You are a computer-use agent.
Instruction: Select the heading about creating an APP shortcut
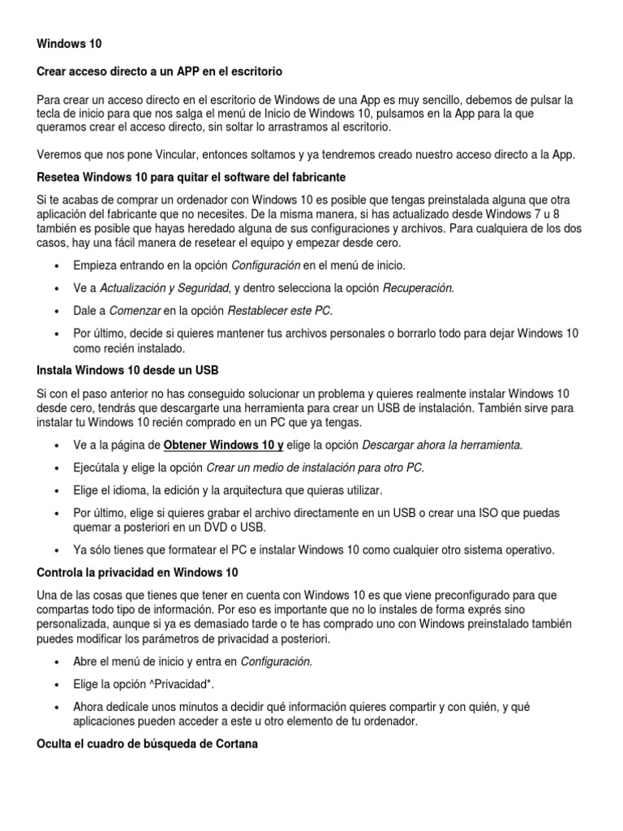pos(159,71)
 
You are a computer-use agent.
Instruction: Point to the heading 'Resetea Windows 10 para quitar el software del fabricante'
pos(192,177)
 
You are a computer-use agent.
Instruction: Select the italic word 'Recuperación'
pos(418,287)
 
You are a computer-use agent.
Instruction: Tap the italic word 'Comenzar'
pos(135,311)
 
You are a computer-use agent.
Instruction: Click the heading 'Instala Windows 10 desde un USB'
pos(127,370)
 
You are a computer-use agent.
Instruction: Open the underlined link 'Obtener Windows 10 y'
pos(223,445)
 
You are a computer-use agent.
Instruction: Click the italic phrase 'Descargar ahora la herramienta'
pos(442,445)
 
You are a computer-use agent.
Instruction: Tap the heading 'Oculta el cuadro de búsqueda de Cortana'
pos(148,743)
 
